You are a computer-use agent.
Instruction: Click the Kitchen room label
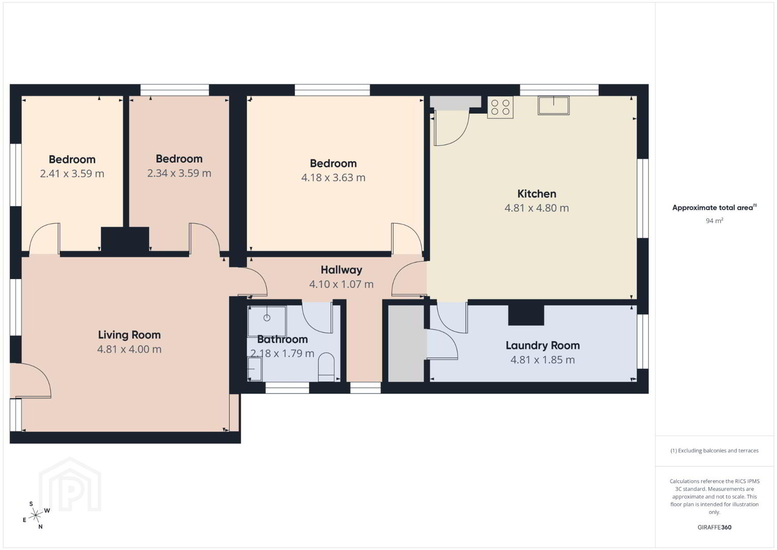click(537, 194)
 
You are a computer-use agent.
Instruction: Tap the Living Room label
click(129, 335)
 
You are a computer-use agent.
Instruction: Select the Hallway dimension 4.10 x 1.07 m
click(341, 284)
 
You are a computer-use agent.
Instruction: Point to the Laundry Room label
click(542, 345)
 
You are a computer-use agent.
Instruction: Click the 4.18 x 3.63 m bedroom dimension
click(333, 178)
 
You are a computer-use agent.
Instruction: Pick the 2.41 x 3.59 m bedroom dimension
click(72, 174)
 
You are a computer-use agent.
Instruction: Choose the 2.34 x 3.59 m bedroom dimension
click(179, 173)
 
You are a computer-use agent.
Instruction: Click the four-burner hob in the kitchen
click(500, 107)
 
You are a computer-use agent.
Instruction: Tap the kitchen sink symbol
click(553, 105)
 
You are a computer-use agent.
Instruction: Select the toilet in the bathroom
click(326, 367)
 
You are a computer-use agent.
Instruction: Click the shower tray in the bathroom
click(267, 321)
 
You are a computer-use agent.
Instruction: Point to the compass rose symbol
click(35, 515)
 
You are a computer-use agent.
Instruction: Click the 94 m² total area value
click(714, 221)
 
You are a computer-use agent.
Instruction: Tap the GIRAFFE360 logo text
click(714, 527)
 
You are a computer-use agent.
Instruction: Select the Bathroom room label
click(283, 339)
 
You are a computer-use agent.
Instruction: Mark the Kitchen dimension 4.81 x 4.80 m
click(537, 208)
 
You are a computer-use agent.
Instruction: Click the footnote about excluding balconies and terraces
click(714, 450)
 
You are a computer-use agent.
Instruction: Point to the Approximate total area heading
click(714, 207)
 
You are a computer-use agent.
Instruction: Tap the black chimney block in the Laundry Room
click(526, 315)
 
